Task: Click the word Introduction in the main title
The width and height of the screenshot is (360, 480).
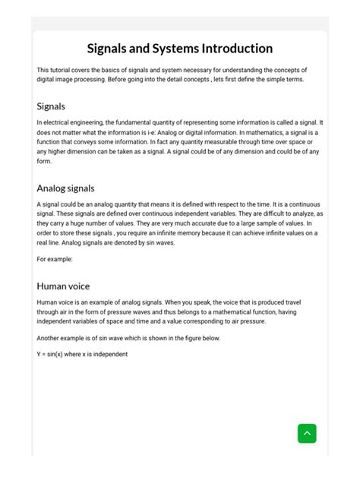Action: [236, 49]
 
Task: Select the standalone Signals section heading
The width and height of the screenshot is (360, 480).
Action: [51, 106]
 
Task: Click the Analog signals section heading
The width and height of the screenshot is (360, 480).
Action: [65, 188]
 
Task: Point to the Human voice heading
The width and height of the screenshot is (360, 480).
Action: [63, 286]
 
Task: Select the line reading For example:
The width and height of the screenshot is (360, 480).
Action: [55, 259]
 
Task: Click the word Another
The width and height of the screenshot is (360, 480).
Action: [49, 338]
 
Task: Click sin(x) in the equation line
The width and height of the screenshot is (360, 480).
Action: [58, 354]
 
